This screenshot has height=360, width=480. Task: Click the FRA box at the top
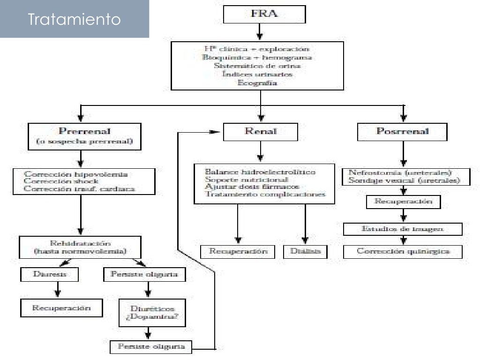coord(264,14)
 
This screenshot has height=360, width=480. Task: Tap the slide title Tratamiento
coord(74,19)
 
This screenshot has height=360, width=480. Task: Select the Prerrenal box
coord(84,136)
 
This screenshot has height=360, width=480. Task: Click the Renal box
coord(260,132)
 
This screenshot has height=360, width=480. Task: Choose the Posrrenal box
coord(402,132)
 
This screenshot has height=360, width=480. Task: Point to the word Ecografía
coord(257,83)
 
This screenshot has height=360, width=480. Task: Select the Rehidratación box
coord(80,247)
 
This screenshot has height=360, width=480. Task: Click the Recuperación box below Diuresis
coord(61,308)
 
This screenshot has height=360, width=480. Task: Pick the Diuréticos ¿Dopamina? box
coord(149,313)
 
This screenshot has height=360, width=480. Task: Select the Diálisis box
coord(305,251)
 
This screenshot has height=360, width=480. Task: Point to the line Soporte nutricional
coord(246,180)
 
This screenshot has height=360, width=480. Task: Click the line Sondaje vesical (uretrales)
coord(404,180)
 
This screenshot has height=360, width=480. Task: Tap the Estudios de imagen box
coord(403,229)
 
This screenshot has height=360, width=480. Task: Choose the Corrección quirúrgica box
coord(403,251)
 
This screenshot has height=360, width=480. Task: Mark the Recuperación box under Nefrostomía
coord(403,202)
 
